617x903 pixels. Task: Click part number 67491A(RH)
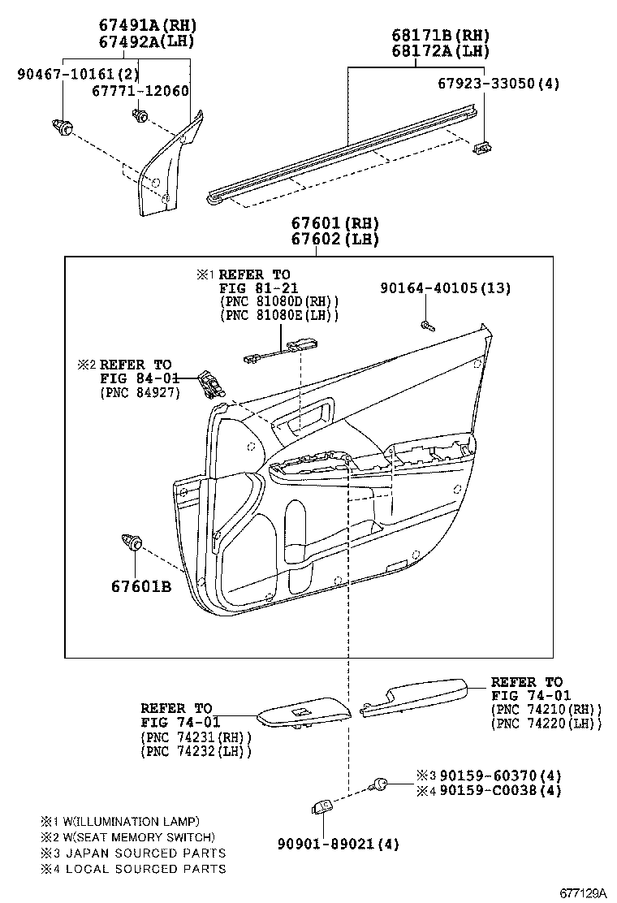148,25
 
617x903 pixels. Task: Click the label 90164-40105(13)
447,288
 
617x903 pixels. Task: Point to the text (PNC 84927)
140,393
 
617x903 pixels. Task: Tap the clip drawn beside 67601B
132,542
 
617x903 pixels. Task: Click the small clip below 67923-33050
483,146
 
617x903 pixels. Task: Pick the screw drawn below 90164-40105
426,326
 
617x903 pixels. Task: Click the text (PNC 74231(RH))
196,737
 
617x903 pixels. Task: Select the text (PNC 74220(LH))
546,724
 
